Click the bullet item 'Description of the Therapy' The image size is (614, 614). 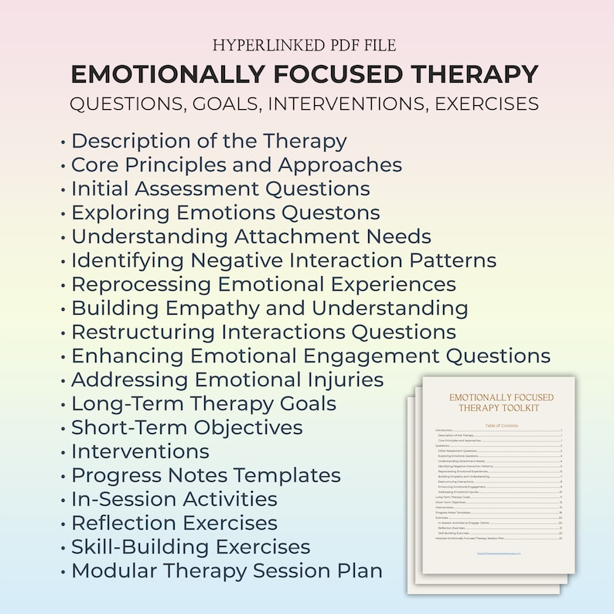pos(209,142)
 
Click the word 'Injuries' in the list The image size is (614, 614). pos(344,380)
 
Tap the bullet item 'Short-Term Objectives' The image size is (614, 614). pos(186,428)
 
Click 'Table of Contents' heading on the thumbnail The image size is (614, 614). pos(501,425)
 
